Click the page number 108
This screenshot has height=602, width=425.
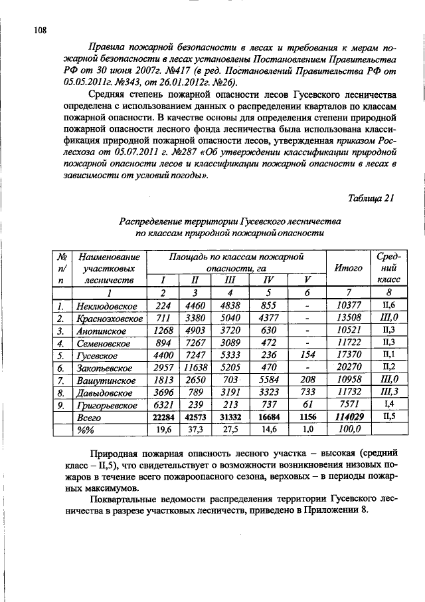(x=40, y=30)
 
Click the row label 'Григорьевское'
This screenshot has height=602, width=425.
(x=108, y=404)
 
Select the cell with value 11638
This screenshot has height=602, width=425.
(x=196, y=367)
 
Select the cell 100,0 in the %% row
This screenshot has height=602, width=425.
(x=348, y=430)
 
